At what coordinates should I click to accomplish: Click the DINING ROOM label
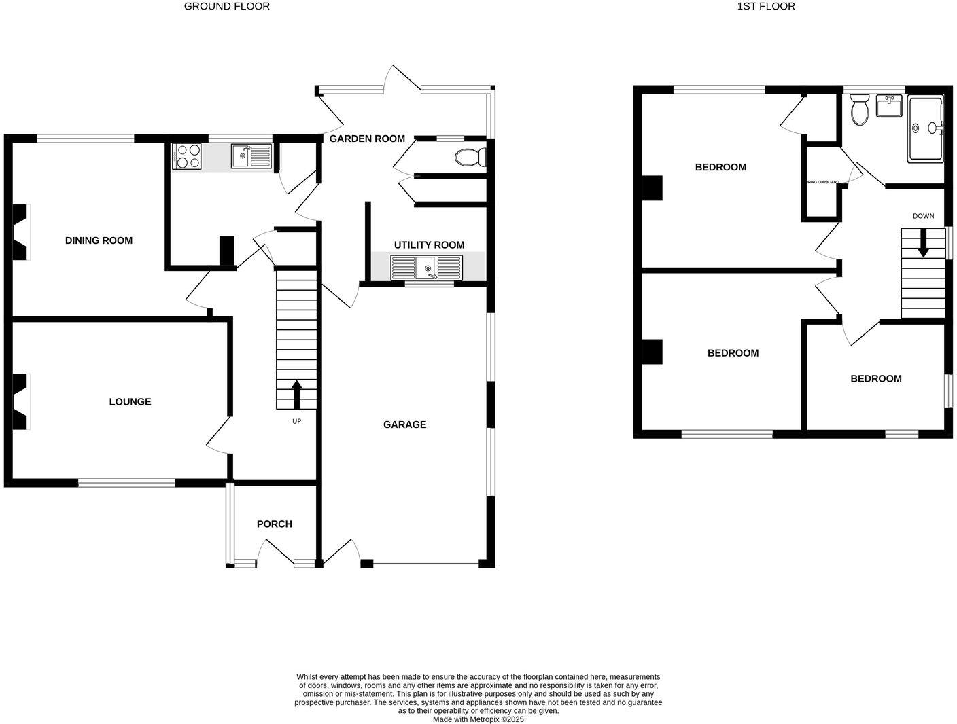click(99, 240)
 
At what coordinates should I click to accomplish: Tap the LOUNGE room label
click(130, 401)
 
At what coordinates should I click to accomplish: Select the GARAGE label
click(404, 424)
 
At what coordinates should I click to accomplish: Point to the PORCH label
click(274, 524)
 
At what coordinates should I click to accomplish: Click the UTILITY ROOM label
click(429, 245)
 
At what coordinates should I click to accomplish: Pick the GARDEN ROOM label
click(367, 139)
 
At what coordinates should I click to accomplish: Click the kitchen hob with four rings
click(187, 156)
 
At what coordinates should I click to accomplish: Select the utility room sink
click(426, 268)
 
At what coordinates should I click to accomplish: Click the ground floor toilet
click(471, 158)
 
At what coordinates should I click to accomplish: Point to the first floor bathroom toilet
click(860, 111)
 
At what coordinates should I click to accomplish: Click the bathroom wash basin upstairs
click(888, 107)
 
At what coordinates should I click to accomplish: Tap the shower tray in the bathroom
click(926, 129)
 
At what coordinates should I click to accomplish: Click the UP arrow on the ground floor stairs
click(296, 395)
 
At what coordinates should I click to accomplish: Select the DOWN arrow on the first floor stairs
click(922, 243)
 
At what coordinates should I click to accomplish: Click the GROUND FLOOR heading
click(227, 6)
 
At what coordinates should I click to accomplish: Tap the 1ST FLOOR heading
click(766, 6)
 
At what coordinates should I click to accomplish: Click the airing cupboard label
click(822, 182)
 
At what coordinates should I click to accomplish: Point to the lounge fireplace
click(20, 401)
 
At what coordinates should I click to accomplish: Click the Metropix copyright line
click(478, 719)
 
